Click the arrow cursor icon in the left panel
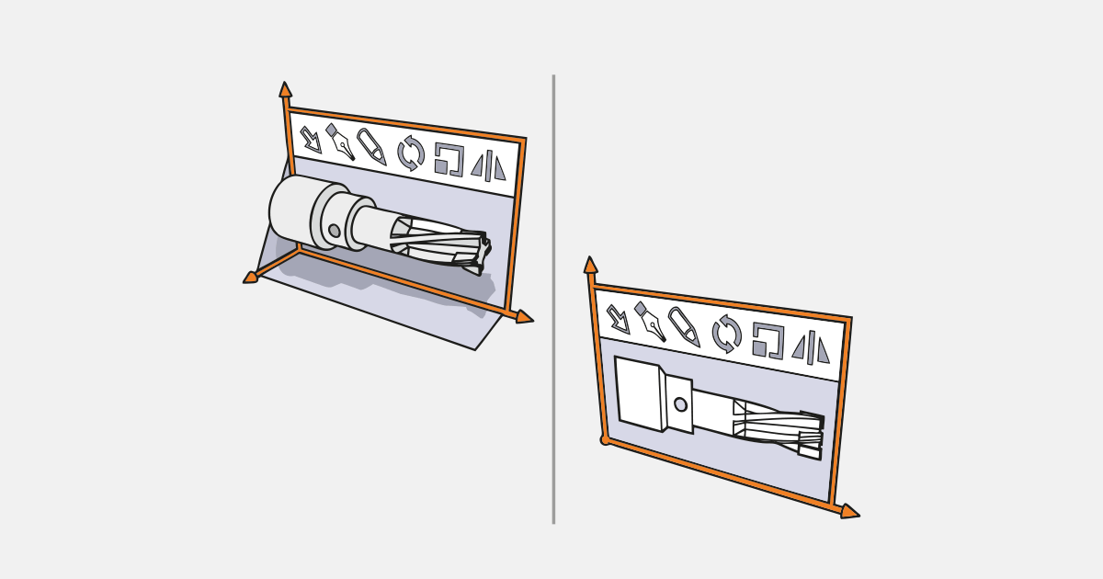311,140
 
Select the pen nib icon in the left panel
340,143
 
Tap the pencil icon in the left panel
371,147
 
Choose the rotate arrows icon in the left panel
411,153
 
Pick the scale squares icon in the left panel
449,159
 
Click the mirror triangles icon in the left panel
488,166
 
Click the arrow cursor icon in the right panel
618,319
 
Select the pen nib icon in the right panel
650,322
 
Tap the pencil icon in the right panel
683,327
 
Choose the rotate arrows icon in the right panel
726,334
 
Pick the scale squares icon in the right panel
768,340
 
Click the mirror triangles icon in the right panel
811,348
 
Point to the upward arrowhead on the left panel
285,89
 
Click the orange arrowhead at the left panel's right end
524,317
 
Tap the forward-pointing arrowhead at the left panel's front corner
250,277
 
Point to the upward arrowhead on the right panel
590,265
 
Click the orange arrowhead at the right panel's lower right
849,511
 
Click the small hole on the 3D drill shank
334,231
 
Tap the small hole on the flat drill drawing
680,404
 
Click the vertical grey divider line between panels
553,299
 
